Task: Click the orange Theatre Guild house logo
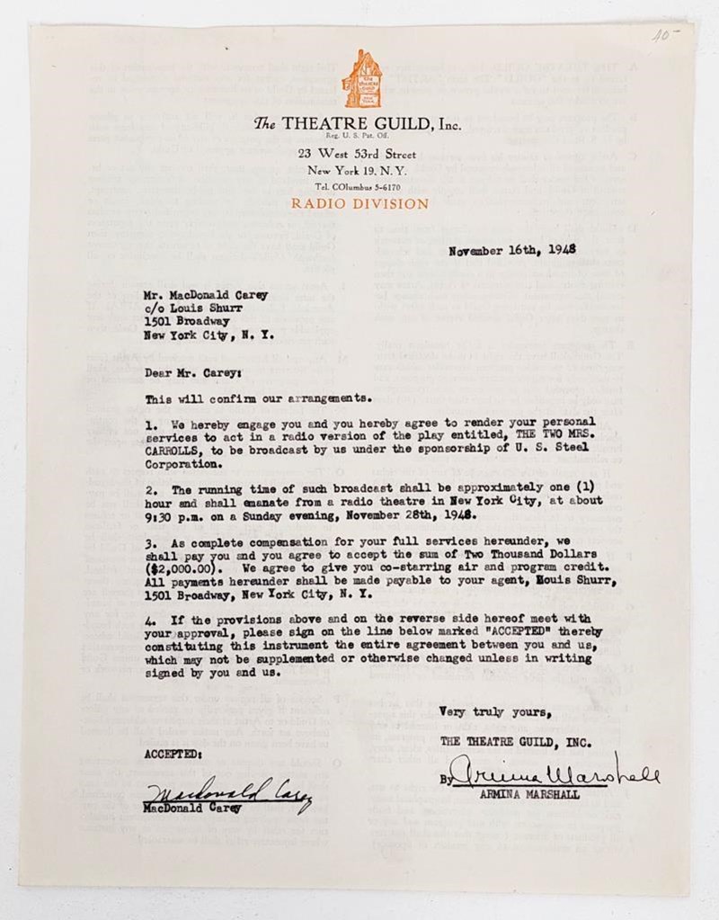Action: click(x=361, y=80)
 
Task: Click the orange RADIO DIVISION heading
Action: click(x=359, y=204)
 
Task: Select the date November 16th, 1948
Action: click(x=512, y=250)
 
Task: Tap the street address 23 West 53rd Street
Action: click(x=359, y=155)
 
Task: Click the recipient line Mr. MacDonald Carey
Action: click(x=206, y=293)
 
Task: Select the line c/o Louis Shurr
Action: click(x=191, y=307)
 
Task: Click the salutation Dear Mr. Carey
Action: click(x=191, y=370)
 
